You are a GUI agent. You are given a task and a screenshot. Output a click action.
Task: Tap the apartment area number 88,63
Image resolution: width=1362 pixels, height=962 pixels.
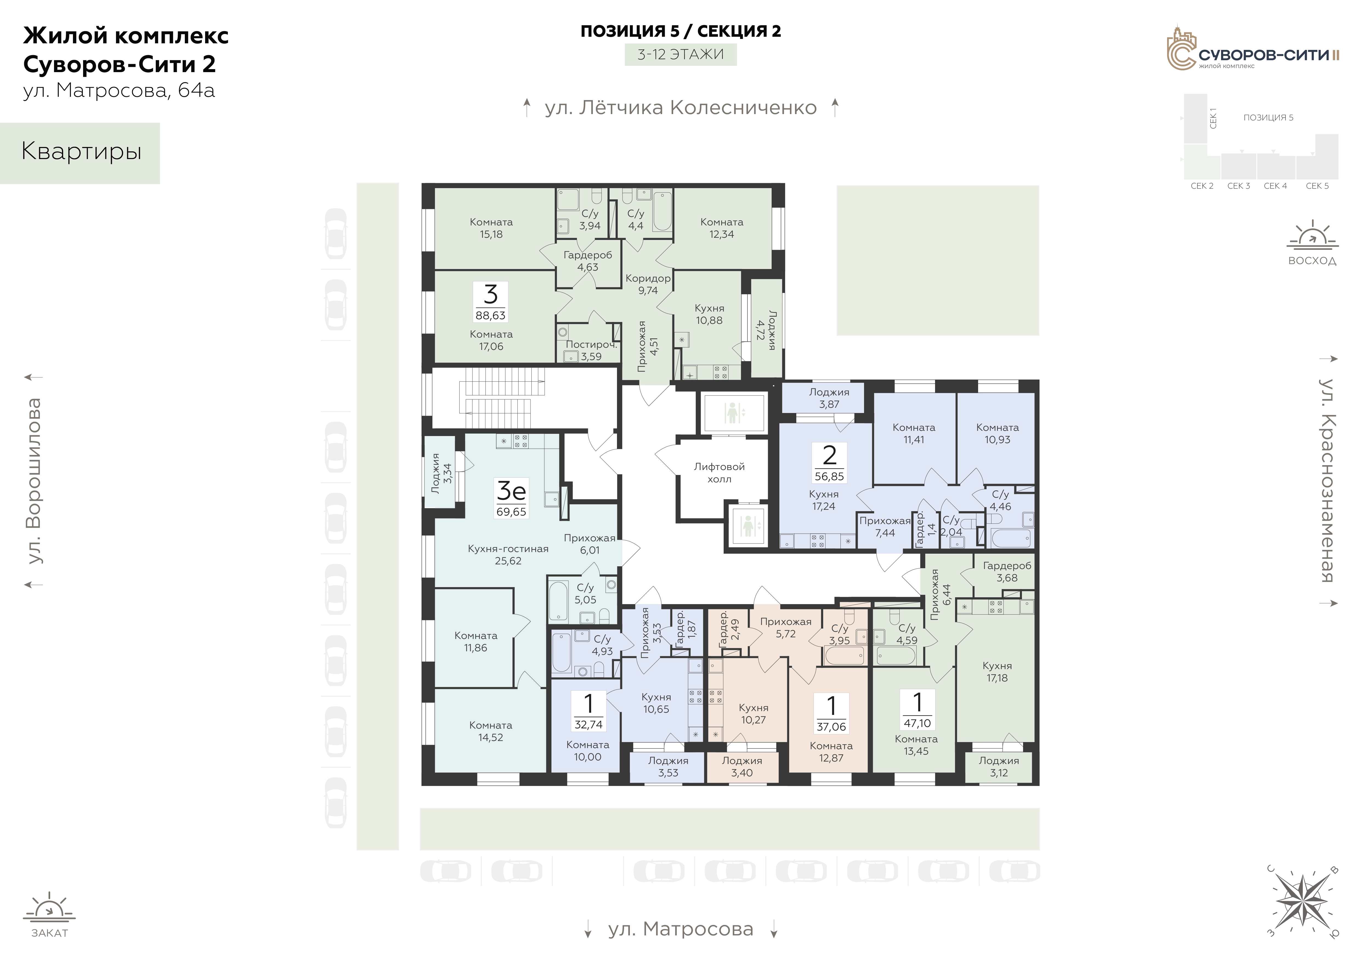[x=491, y=316]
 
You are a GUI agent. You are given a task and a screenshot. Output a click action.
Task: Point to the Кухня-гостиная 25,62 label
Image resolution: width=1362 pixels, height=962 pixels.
[x=508, y=554]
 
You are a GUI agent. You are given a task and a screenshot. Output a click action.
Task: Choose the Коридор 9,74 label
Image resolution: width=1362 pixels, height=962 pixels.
[x=648, y=284]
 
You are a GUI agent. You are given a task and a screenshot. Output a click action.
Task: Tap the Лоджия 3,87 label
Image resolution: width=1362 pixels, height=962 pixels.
[x=829, y=398]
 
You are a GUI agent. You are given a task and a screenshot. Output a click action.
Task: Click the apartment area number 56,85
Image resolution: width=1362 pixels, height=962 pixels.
[x=829, y=476]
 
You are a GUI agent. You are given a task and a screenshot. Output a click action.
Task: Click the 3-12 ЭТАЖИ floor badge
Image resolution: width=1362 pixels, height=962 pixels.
[x=680, y=55]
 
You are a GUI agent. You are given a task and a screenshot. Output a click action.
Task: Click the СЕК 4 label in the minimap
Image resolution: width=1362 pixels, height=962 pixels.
[x=1275, y=186]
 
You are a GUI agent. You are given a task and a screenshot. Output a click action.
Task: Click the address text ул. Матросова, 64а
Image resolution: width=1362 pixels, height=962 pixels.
[x=119, y=91]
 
